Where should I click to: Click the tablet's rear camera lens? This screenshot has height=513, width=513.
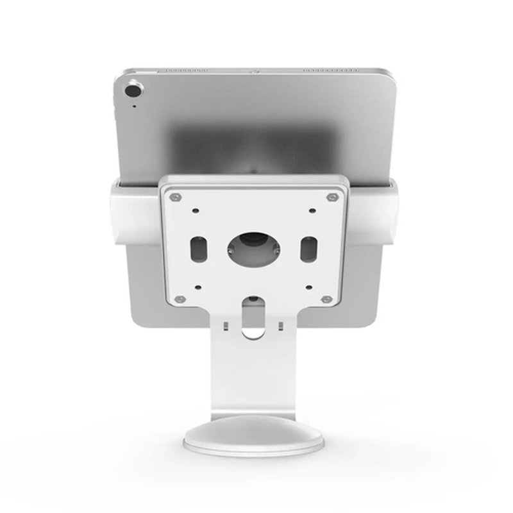coord(135,86)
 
